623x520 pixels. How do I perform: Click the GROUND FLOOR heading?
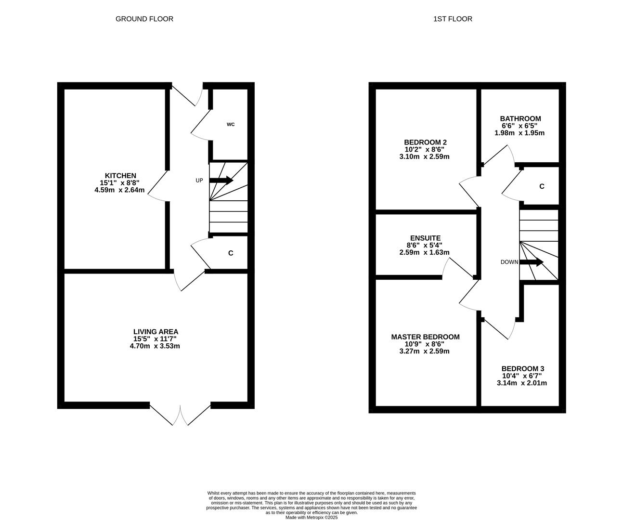(x=144, y=19)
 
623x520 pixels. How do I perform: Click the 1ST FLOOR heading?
(x=453, y=19)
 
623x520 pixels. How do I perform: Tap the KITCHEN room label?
(x=120, y=176)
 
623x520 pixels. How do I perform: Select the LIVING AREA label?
(x=156, y=332)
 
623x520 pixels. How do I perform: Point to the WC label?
(x=231, y=124)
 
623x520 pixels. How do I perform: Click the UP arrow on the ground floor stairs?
(x=221, y=181)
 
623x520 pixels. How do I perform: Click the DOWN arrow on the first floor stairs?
(x=532, y=262)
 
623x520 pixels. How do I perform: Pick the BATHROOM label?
(x=520, y=118)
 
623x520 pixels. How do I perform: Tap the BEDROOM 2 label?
(x=425, y=142)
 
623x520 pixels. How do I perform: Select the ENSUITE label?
(x=425, y=238)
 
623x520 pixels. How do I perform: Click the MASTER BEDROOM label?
(x=425, y=337)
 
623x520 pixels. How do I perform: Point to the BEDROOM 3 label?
(x=522, y=368)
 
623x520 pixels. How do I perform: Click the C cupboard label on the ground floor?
(x=231, y=253)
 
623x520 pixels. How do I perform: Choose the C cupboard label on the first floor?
(x=542, y=186)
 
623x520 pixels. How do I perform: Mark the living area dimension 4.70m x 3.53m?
(x=155, y=346)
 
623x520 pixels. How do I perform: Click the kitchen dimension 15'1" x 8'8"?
(x=119, y=183)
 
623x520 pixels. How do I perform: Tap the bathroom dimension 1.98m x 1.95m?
(x=519, y=133)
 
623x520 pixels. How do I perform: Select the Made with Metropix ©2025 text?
(x=311, y=518)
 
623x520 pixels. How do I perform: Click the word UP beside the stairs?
(x=199, y=181)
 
